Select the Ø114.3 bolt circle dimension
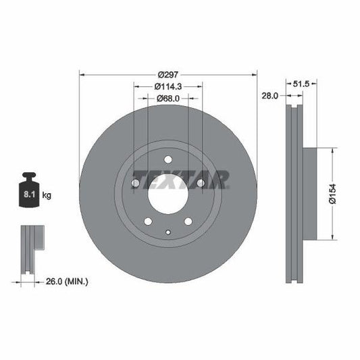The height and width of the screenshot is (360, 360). [168, 86]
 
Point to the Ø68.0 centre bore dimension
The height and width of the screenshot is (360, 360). [168, 99]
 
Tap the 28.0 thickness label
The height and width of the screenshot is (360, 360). [270, 97]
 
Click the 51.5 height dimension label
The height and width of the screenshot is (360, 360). [301, 84]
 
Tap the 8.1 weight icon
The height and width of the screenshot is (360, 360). [29, 195]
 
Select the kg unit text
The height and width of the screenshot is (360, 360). [47, 195]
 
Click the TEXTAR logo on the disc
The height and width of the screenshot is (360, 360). [181, 179]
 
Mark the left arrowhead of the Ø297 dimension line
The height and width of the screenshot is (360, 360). [82, 73]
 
